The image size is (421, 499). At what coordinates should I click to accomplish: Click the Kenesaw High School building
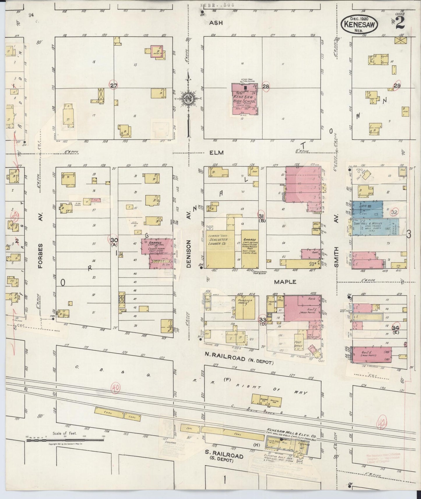(x=244, y=99)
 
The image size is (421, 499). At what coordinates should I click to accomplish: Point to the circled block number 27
(x=114, y=86)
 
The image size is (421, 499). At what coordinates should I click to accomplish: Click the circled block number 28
(x=266, y=86)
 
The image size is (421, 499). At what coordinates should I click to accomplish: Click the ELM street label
(x=216, y=152)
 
